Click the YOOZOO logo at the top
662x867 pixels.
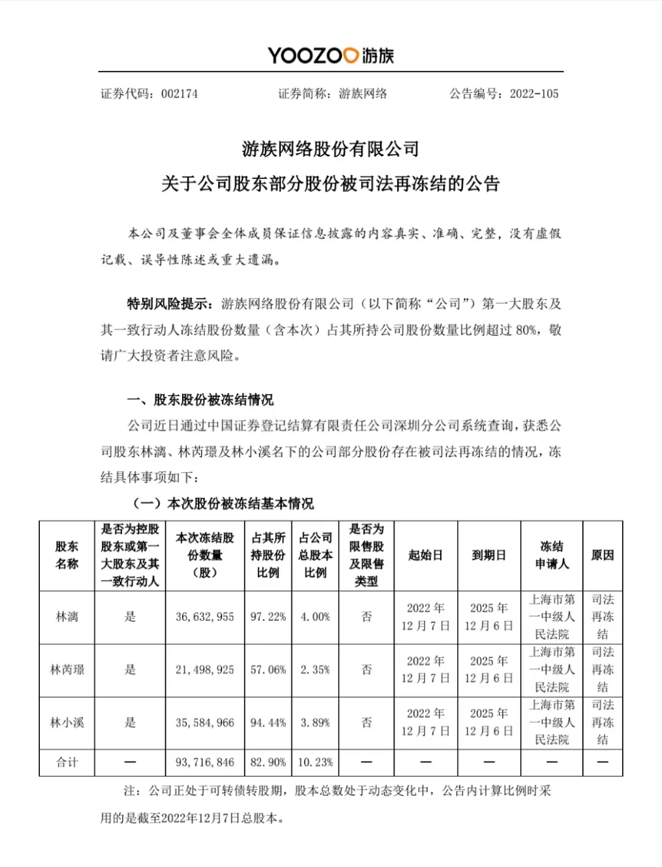(x=331, y=56)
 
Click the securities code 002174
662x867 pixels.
(x=180, y=94)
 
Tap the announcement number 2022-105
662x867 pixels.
(x=534, y=94)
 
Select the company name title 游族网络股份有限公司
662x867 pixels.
(x=331, y=149)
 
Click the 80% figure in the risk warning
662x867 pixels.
(x=526, y=330)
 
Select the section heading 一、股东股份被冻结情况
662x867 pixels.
(x=200, y=400)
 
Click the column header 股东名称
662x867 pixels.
(x=66, y=555)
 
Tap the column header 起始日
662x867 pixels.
(x=426, y=555)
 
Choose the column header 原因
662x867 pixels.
(x=603, y=555)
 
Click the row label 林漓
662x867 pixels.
(x=66, y=617)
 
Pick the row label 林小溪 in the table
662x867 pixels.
(x=66, y=723)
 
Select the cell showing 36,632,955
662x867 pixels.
(x=205, y=617)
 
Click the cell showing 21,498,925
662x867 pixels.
(x=205, y=670)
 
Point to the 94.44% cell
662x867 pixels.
(x=268, y=723)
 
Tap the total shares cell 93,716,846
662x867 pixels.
(x=205, y=763)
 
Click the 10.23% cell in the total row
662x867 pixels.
(x=316, y=763)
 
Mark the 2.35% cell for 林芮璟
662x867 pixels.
(x=316, y=670)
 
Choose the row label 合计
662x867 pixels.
(x=66, y=763)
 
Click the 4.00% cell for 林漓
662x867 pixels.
(x=316, y=617)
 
